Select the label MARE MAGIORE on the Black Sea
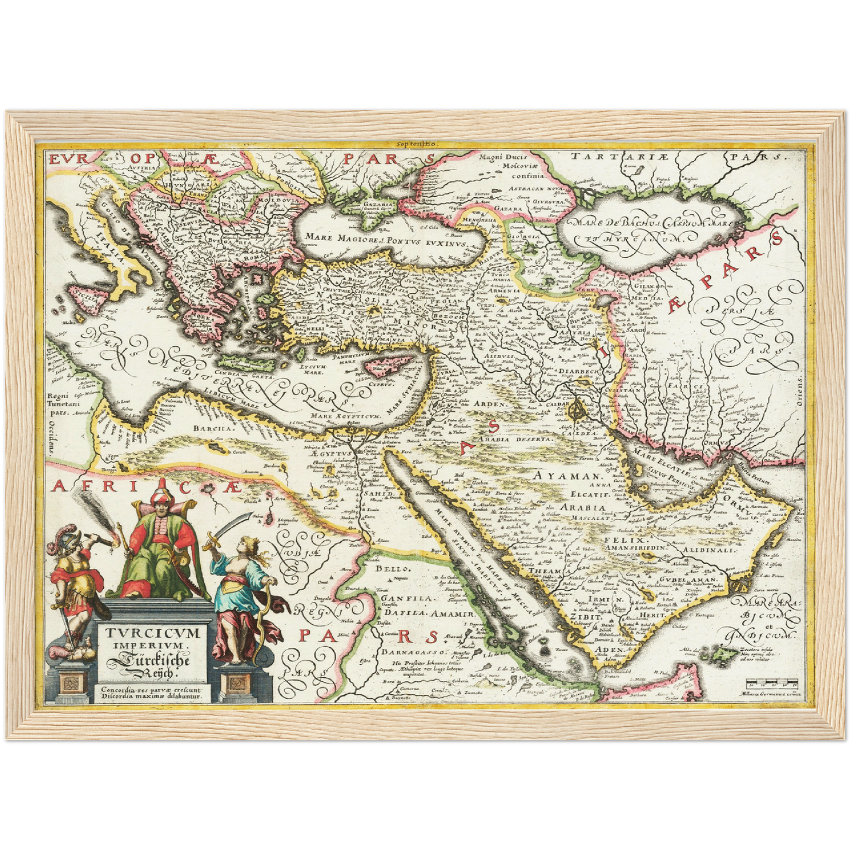pyautogui.click(x=336, y=237)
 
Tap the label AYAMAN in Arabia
pyautogui.click(x=565, y=475)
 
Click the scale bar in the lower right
pyautogui.click(x=771, y=684)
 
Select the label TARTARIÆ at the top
pyautogui.click(x=611, y=157)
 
